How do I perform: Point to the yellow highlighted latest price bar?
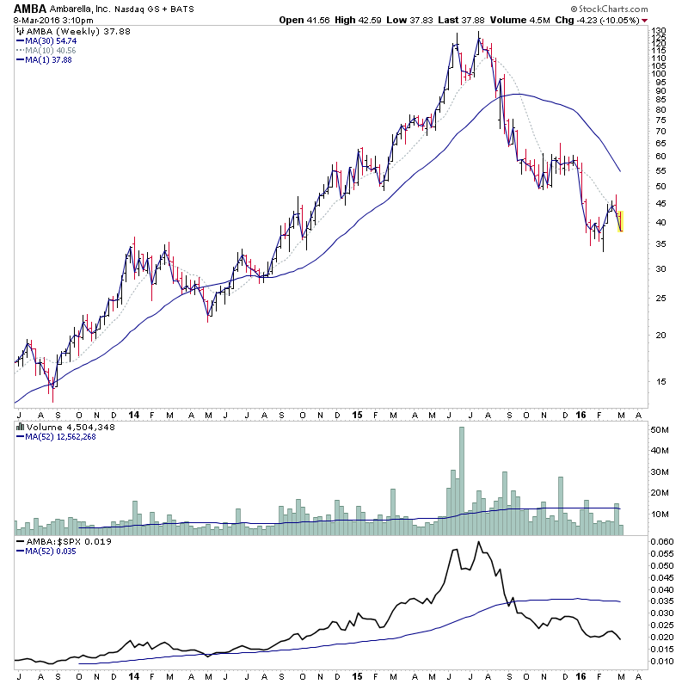coord(620,220)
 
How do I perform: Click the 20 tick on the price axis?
coord(658,336)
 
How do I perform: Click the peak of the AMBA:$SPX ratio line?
coord(477,541)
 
